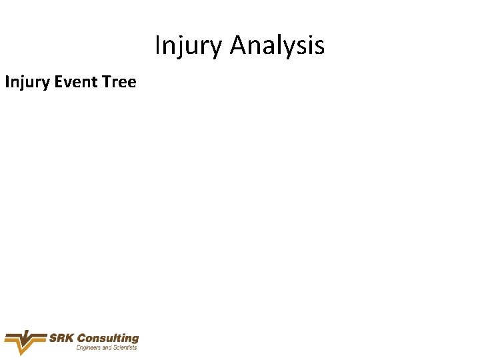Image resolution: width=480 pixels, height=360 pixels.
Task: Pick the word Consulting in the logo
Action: coord(108,339)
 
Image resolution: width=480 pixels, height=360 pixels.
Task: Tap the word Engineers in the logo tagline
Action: coord(89,348)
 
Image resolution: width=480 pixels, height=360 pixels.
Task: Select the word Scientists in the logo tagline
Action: coord(124,348)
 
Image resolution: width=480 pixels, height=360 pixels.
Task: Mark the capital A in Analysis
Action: coord(239,45)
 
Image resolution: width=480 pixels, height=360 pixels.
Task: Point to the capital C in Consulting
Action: coord(82,339)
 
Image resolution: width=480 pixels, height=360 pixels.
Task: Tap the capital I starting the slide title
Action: coord(157,45)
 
